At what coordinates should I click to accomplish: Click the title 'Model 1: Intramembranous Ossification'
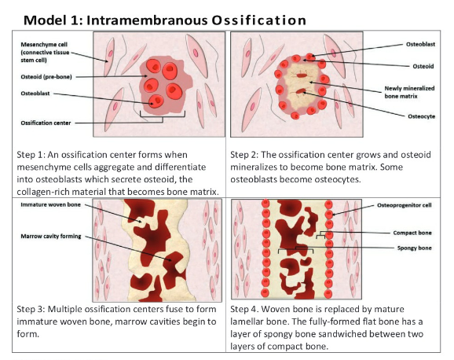click(x=165, y=20)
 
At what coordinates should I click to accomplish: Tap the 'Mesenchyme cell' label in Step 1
click(x=44, y=45)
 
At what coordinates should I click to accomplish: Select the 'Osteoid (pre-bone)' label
click(x=46, y=77)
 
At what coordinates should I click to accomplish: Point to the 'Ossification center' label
click(x=46, y=123)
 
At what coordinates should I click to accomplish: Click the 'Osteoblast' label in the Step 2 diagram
click(x=420, y=44)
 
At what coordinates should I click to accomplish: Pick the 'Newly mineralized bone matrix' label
click(x=409, y=92)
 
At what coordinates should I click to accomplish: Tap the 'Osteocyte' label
click(x=421, y=116)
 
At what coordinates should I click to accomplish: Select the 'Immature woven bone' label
click(x=50, y=204)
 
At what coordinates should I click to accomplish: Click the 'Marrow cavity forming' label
click(x=51, y=237)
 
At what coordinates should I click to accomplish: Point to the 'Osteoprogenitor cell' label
click(x=405, y=205)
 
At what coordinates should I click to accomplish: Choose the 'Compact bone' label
click(x=412, y=233)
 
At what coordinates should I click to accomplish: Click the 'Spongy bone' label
click(x=414, y=248)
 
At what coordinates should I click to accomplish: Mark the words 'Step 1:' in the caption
click(x=31, y=155)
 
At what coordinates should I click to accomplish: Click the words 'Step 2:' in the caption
click(x=244, y=155)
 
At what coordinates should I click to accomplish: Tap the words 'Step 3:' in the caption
click(x=31, y=309)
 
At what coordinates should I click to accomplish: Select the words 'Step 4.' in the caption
click(x=243, y=309)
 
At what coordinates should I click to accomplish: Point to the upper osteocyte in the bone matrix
click(x=302, y=75)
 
